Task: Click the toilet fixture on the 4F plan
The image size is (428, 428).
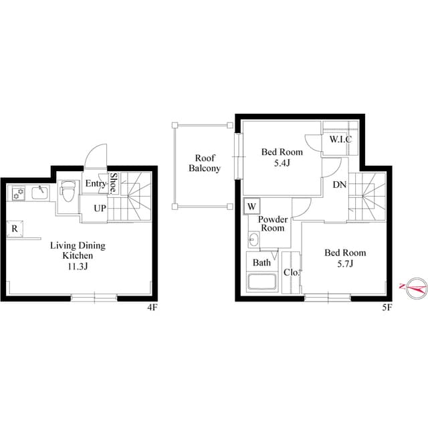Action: tap(68, 191)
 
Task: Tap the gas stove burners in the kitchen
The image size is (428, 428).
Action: tap(19, 193)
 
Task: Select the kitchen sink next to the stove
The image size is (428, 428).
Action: tap(40, 193)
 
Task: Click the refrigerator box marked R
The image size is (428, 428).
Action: tap(15, 229)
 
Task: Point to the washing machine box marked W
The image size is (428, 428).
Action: tap(251, 207)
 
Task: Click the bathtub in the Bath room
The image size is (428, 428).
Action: tap(261, 282)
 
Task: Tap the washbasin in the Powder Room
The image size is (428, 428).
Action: tap(253, 239)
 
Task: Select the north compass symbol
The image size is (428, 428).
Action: tap(416, 288)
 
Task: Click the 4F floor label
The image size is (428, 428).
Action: tap(152, 308)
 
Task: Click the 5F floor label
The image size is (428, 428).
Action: tap(387, 308)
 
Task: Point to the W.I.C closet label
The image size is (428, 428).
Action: tap(340, 139)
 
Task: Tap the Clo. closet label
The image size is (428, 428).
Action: tap(292, 272)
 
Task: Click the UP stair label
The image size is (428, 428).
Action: tap(100, 208)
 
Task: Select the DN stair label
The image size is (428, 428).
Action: tap(340, 185)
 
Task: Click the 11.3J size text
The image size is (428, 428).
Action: tap(78, 266)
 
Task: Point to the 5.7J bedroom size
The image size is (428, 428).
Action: tap(345, 263)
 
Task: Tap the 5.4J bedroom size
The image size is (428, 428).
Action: tap(282, 163)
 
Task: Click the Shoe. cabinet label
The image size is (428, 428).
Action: tap(113, 183)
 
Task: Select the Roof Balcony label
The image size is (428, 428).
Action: tap(205, 163)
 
